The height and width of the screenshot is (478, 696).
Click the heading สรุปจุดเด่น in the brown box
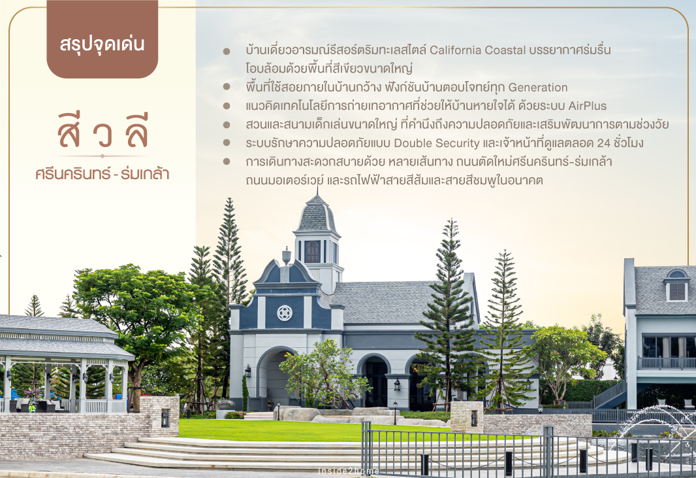click(x=102, y=44)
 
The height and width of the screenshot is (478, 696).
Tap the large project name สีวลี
click(x=103, y=131)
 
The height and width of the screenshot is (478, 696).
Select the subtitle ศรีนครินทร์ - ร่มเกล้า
click(x=103, y=174)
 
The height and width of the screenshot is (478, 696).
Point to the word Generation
click(x=538, y=87)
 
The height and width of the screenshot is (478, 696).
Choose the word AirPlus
click(x=588, y=106)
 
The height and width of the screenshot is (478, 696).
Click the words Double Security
click(x=437, y=143)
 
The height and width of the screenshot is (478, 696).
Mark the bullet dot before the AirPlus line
click(x=227, y=106)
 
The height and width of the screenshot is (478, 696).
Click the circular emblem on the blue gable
click(x=285, y=313)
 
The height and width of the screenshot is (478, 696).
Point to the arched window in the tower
click(x=313, y=252)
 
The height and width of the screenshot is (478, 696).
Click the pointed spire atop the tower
click(x=317, y=191)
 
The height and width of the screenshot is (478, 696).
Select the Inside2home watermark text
click(x=349, y=471)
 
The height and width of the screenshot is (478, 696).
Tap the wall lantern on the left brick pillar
click(x=165, y=418)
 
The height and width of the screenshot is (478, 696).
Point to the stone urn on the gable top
click(x=287, y=256)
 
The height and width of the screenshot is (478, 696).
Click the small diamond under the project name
click(x=103, y=156)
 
